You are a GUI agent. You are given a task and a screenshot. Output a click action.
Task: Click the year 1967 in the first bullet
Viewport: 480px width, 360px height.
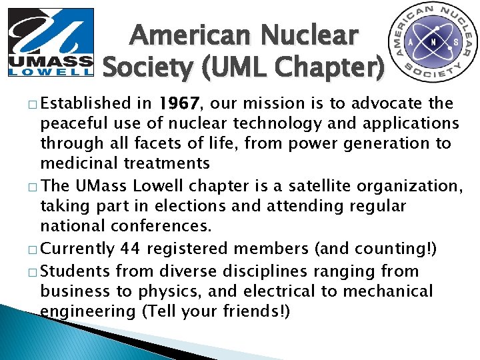[x=178, y=104]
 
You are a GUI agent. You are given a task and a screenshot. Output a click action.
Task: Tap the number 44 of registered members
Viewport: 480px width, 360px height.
[x=130, y=249]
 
